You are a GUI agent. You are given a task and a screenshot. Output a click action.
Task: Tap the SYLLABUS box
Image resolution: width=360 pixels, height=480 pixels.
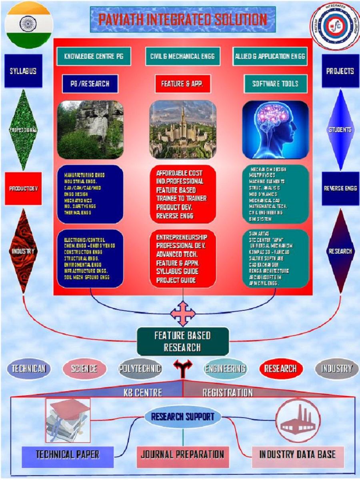coord(23,71)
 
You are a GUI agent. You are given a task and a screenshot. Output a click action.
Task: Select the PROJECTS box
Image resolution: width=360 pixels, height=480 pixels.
coord(340,71)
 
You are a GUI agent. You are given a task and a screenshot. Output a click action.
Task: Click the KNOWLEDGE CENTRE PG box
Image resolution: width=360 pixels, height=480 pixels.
coord(94,56)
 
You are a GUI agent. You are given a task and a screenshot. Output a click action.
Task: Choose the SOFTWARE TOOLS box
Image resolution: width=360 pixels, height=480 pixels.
coord(275,84)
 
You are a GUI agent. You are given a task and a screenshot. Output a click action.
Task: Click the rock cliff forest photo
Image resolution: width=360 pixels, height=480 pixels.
coord(90,130)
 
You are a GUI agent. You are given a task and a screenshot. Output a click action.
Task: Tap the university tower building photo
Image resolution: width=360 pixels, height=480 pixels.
coord(183,129)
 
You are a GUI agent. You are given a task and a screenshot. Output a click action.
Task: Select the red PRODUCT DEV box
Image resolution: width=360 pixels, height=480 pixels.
coord(24,188)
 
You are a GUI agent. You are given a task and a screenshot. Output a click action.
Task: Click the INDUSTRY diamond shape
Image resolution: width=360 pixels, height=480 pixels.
coord(23,251)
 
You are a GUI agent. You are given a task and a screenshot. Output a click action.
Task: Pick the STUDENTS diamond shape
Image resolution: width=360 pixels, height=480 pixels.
coord(340,130)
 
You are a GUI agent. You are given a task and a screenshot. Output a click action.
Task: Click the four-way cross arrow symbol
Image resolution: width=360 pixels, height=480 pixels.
coord(183,314)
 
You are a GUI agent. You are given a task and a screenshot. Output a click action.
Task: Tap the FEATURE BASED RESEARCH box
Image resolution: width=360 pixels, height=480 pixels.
coord(183,341)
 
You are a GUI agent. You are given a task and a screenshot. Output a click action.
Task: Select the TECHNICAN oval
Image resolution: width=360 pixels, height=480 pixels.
coord(29,369)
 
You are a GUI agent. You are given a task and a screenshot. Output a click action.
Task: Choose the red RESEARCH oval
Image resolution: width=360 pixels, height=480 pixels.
coord(280,368)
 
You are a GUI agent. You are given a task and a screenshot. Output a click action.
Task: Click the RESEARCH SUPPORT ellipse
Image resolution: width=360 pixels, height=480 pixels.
coord(182,417)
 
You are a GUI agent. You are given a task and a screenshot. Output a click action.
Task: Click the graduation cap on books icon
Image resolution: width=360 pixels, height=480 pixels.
coord(68,420)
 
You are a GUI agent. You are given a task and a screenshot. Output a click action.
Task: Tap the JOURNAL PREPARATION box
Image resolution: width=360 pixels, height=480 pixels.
coord(182,454)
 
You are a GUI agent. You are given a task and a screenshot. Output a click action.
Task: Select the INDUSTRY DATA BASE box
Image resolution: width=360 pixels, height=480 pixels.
coord(297,454)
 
